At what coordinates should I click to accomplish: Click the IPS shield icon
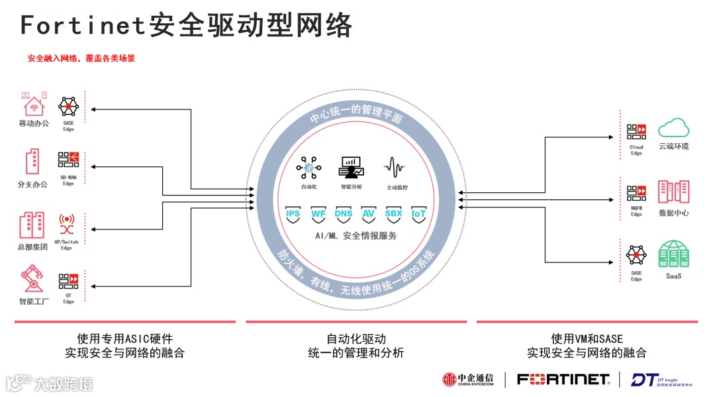(x=293, y=215)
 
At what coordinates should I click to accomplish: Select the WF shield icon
(x=318, y=215)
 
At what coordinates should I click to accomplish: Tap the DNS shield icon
(x=344, y=215)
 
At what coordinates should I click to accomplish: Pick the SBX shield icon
(x=394, y=215)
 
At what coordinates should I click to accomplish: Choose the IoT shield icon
(x=418, y=215)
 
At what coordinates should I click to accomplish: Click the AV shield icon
(x=368, y=215)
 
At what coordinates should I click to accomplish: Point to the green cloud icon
(x=673, y=127)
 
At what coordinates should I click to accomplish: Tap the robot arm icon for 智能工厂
(x=31, y=279)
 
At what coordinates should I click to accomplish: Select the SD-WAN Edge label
(x=68, y=181)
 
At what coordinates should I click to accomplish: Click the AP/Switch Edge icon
(x=67, y=225)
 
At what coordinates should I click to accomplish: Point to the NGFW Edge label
(x=636, y=212)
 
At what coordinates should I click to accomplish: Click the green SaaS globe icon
(x=673, y=255)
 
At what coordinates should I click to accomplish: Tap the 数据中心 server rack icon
(x=673, y=192)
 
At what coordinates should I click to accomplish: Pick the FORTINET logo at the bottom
(x=563, y=380)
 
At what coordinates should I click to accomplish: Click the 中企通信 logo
(x=468, y=380)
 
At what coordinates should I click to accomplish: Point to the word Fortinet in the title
(x=82, y=25)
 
